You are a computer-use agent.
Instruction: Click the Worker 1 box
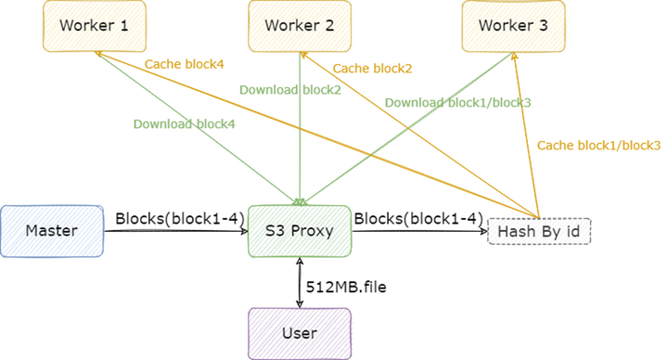click(94, 26)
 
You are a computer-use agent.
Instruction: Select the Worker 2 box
click(299, 26)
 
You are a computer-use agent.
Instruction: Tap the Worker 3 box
click(513, 26)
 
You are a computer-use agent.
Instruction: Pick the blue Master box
click(52, 230)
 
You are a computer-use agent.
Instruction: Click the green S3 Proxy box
click(299, 230)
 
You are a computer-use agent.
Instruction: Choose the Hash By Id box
click(539, 230)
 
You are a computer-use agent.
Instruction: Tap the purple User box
click(299, 332)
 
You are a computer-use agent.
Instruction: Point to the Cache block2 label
click(373, 68)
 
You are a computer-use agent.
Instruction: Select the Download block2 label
click(289, 90)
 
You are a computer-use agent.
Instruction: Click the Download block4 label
click(183, 122)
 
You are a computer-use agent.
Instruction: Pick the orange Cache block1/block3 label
click(599, 145)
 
